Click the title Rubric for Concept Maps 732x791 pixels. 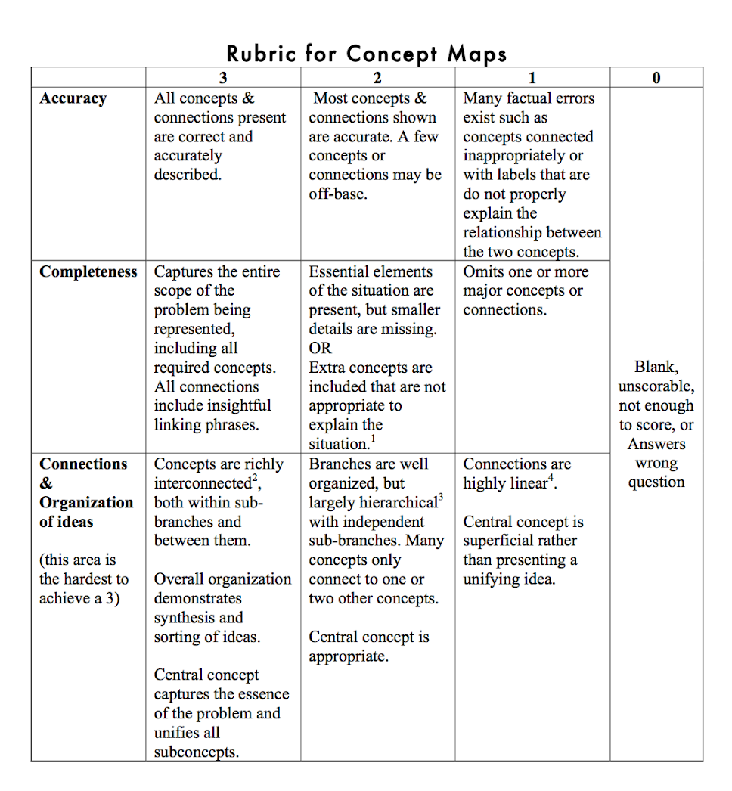(366, 54)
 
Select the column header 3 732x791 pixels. (222, 78)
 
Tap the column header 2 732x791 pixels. (377, 78)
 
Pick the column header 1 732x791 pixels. (532, 78)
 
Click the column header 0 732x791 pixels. (656, 78)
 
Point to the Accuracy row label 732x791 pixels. (73, 98)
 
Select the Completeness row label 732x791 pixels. (88, 272)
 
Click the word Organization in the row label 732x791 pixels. (86, 503)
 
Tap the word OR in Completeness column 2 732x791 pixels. (320, 349)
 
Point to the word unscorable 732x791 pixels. (656, 386)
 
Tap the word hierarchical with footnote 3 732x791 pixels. (394, 503)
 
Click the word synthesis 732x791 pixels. (188, 618)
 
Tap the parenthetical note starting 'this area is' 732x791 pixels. (84, 579)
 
